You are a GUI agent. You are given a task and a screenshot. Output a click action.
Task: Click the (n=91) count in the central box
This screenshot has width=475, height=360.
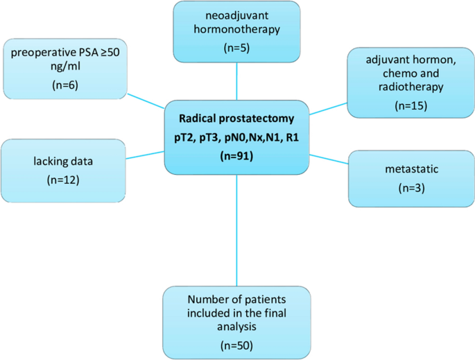coord(236,157)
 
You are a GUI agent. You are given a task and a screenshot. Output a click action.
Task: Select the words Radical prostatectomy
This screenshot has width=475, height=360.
coord(236,118)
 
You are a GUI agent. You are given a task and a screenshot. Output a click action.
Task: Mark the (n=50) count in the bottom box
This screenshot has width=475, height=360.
coord(236,344)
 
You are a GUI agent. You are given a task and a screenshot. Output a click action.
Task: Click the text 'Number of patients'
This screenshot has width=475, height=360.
coord(236,299)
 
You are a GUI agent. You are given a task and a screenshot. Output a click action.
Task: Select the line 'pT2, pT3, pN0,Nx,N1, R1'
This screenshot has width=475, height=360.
coord(236,137)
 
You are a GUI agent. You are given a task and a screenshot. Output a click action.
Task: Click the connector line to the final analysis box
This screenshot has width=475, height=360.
coord(236,229)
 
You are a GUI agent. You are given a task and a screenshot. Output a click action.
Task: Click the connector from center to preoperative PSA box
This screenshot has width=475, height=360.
coord(146,101)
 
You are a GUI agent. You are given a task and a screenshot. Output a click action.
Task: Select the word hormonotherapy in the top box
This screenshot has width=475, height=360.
coord(236,31)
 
